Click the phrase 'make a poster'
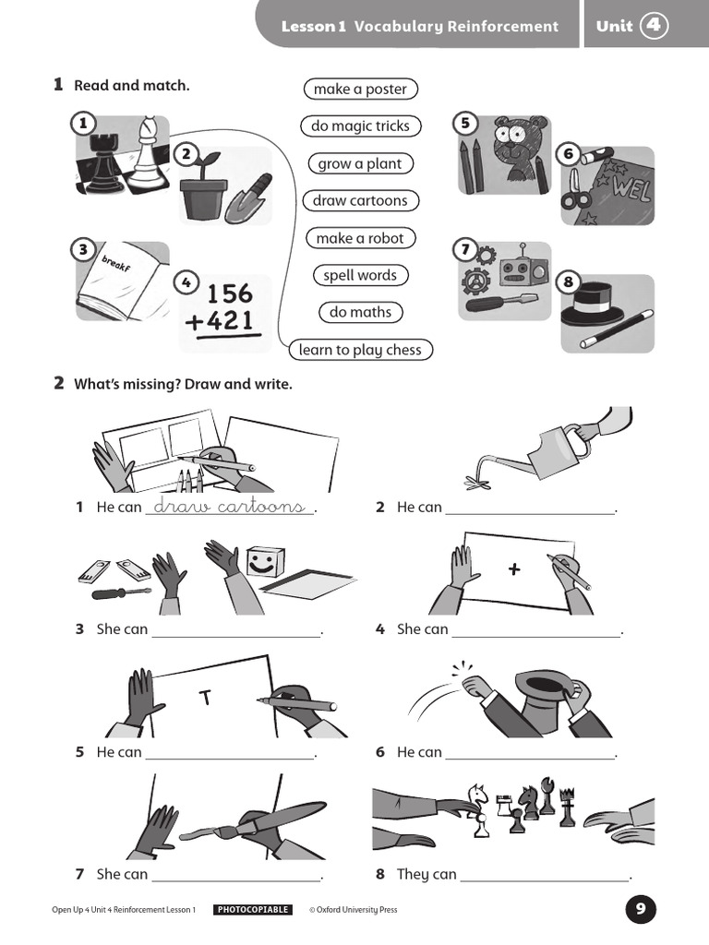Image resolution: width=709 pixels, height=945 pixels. [x=360, y=89]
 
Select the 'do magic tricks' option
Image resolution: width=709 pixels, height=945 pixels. [x=360, y=126]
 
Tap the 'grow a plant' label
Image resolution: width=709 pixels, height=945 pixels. [x=360, y=163]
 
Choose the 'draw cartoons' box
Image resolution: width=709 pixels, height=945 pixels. [x=360, y=200]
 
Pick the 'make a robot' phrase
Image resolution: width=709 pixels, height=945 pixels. [x=360, y=238]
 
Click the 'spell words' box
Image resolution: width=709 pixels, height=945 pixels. [x=360, y=275]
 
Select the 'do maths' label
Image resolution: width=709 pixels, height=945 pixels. [x=360, y=312]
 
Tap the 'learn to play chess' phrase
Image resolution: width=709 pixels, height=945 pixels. [x=360, y=350]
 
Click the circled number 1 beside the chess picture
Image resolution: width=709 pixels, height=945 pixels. [x=83, y=123]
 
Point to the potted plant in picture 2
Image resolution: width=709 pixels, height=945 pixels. [x=204, y=189]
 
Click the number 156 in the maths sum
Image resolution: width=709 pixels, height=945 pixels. [x=229, y=293]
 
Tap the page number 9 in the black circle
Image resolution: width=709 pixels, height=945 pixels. [x=641, y=910]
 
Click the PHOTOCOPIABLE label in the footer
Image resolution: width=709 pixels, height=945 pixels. [x=253, y=910]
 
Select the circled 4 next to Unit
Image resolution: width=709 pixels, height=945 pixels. [x=654, y=26]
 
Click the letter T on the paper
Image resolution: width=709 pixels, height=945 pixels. [x=206, y=699]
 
